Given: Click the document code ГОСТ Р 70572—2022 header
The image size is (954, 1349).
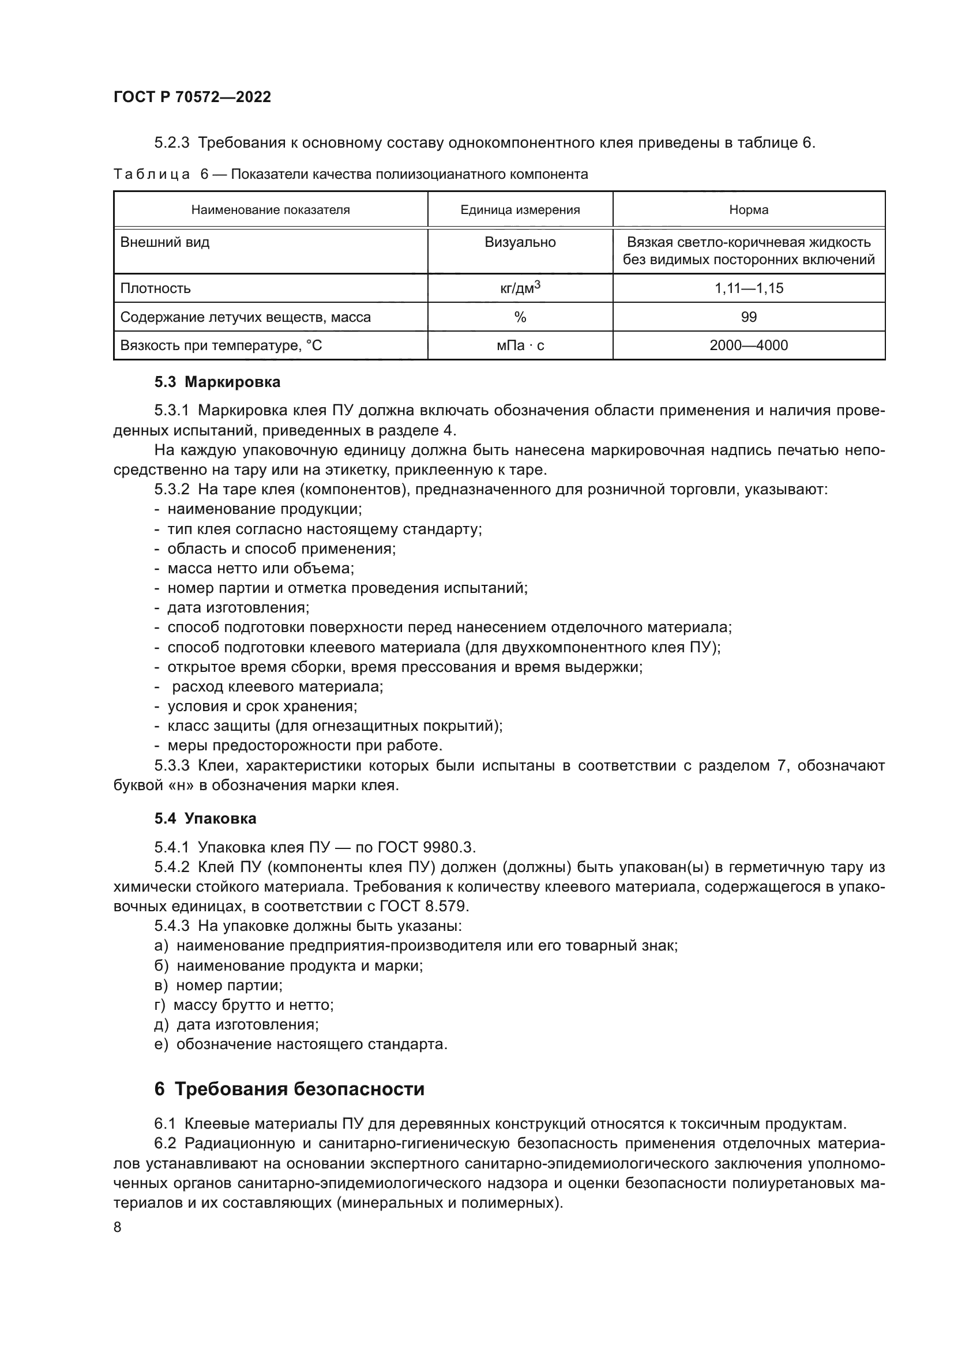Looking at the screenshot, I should coord(192,97).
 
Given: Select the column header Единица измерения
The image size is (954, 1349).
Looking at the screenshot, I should coord(520,210).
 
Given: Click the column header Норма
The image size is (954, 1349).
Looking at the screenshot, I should coord(749,210).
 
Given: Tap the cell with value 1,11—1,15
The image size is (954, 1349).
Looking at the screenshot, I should coord(749,288).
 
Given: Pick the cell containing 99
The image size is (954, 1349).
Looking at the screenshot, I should coord(749,317).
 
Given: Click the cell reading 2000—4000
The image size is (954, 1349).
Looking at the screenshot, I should coord(749,345).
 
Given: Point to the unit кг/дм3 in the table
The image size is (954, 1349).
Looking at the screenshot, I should coord(520,288).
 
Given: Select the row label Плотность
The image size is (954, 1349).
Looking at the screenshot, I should coord(156,288).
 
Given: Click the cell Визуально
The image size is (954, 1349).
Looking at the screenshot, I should coord(520,243).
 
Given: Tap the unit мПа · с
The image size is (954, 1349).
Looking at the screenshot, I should coord(520,345).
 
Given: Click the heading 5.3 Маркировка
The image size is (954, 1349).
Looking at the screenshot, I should coord(217,382).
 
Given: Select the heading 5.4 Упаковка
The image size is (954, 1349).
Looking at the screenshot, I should coord(205,819).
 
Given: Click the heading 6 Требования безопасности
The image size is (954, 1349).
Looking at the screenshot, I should coord(289,1089).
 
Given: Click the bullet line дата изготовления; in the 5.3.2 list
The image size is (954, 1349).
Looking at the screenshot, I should coord(238,607).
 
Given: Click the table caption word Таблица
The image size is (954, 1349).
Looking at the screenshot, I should coord(152,175).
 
